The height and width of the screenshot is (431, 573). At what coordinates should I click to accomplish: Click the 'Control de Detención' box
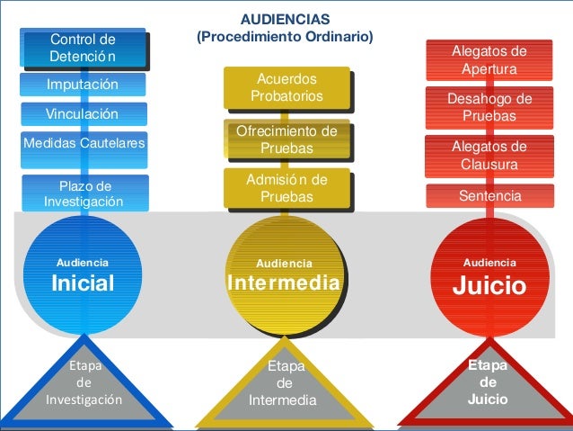pos(84,49)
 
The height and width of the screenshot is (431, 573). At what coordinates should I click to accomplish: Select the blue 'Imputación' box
pos(84,85)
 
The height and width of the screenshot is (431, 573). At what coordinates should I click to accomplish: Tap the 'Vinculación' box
pos(84,114)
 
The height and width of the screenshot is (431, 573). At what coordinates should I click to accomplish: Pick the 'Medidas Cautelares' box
pos(84,141)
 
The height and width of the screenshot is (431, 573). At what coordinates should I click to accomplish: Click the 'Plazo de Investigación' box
pos(84,193)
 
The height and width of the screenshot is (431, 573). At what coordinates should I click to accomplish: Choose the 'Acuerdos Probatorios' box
pos(286,88)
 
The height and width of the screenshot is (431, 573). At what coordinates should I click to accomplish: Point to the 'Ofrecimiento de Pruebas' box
pos(286,139)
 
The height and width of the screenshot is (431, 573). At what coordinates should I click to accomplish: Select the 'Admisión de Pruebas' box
pos(286,188)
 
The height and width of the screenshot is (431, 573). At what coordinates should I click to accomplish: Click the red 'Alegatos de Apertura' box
pos(489,60)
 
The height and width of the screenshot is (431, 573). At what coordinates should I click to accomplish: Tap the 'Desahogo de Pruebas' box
pos(489,108)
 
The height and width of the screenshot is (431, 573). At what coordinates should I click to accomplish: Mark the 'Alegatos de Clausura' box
pos(489,156)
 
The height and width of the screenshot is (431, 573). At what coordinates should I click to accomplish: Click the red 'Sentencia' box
pos(489,194)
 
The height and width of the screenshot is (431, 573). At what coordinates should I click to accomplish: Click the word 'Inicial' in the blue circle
pos(83,283)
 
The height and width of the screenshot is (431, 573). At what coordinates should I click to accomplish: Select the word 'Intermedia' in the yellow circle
pos(285,284)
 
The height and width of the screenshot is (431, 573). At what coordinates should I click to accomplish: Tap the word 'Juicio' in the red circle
pos(489,285)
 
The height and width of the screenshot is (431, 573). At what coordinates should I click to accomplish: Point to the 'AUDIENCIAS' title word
pos(286,18)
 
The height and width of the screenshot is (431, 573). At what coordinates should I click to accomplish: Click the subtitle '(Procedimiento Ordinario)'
pos(286,37)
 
